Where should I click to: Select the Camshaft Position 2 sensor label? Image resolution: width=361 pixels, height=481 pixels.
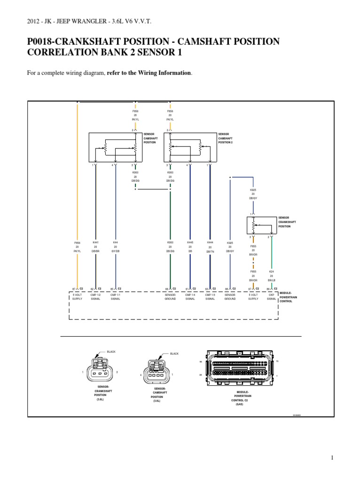point(226,138)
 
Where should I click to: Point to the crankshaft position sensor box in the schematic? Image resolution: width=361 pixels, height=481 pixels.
point(260,225)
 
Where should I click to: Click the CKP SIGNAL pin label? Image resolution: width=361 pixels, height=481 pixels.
point(271,296)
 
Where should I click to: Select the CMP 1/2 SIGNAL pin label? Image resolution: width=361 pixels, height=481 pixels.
point(95,296)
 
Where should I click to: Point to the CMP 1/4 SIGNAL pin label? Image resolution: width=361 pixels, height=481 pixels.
point(190,296)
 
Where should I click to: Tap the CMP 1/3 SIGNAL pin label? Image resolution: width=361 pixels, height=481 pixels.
point(210,296)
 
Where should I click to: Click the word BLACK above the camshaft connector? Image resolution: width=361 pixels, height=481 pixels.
point(174,353)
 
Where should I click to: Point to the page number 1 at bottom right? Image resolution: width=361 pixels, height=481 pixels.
point(332,458)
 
